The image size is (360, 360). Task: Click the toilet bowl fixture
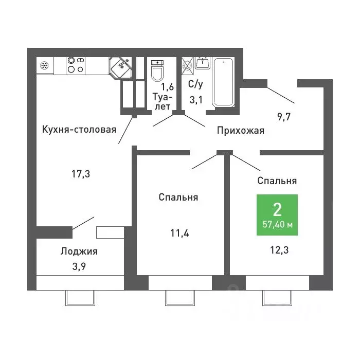(157, 70)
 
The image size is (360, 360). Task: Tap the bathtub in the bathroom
(223, 82)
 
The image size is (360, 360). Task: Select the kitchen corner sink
(121, 67)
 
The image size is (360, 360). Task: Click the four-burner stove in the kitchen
(76, 65)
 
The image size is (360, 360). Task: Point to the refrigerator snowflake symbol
(44, 66)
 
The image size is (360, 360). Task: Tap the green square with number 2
(277, 215)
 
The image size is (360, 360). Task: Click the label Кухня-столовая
(79, 130)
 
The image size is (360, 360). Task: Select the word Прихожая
(241, 131)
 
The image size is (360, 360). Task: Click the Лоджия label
(79, 251)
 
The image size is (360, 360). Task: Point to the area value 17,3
(81, 174)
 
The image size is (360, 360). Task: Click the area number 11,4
(179, 233)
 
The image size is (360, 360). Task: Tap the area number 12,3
(279, 250)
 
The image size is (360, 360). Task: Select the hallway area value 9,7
(284, 117)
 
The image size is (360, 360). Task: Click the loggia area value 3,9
(79, 266)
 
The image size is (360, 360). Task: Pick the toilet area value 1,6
(167, 86)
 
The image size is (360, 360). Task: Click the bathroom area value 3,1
(196, 100)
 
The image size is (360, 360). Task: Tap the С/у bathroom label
(195, 84)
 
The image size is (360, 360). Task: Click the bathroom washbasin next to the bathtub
(202, 63)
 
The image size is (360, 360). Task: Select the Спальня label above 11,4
(178, 197)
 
